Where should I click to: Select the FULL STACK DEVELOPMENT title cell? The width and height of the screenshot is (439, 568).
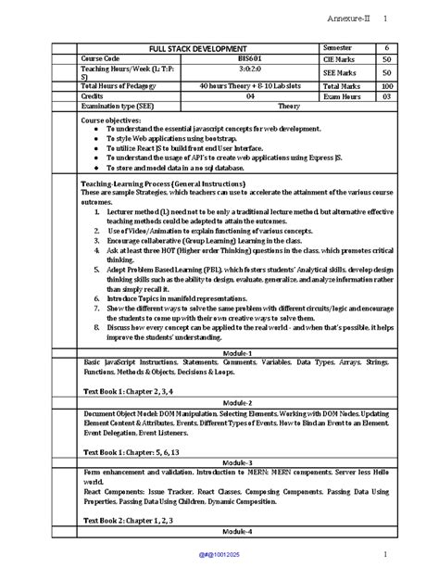[198, 47]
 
